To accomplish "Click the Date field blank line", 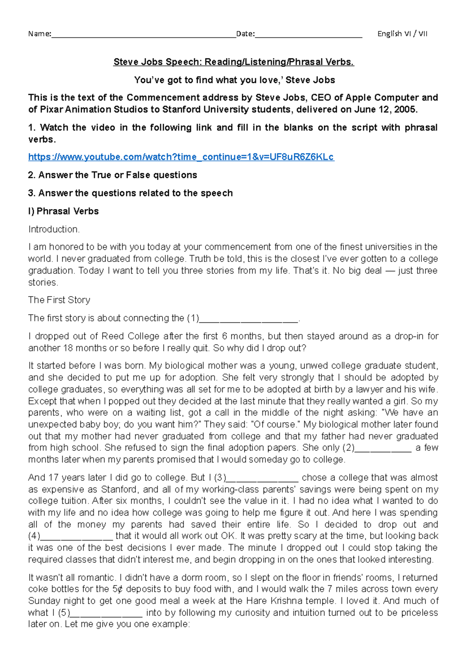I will click(x=308, y=35).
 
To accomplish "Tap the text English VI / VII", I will click(x=402, y=34).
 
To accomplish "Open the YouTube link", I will click(x=181, y=157).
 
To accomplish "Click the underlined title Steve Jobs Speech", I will click(x=233, y=62).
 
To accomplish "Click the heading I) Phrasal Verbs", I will click(x=63, y=211).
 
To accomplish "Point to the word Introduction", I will click(x=54, y=229).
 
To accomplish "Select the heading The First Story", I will click(x=59, y=300).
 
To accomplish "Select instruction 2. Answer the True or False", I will click(x=112, y=175).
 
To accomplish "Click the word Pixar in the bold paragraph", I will click(x=51, y=109).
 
